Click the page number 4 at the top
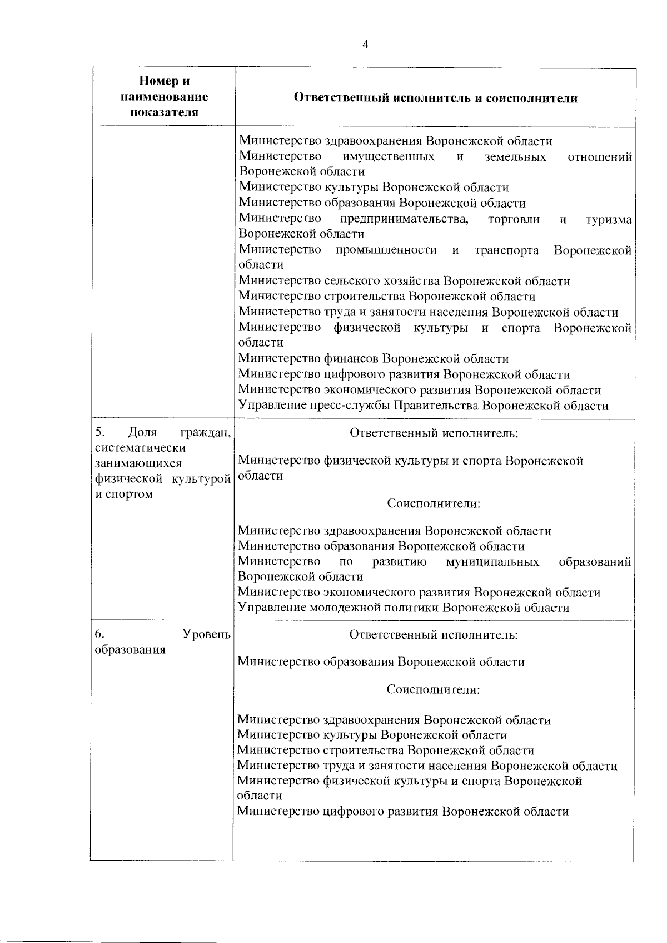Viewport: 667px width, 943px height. (x=365, y=46)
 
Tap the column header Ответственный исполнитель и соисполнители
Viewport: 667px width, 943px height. (x=435, y=98)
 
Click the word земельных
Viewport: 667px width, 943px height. (x=515, y=157)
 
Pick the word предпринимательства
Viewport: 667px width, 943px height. (x=404, y=219)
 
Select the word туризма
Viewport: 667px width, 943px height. (x=609, y=219)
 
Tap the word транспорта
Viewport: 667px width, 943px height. (x=506, y=250)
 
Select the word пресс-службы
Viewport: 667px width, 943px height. (x=353, y=406)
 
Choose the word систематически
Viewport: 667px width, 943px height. (x=133, y=448)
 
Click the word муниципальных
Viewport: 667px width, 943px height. (x=492, y=562)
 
